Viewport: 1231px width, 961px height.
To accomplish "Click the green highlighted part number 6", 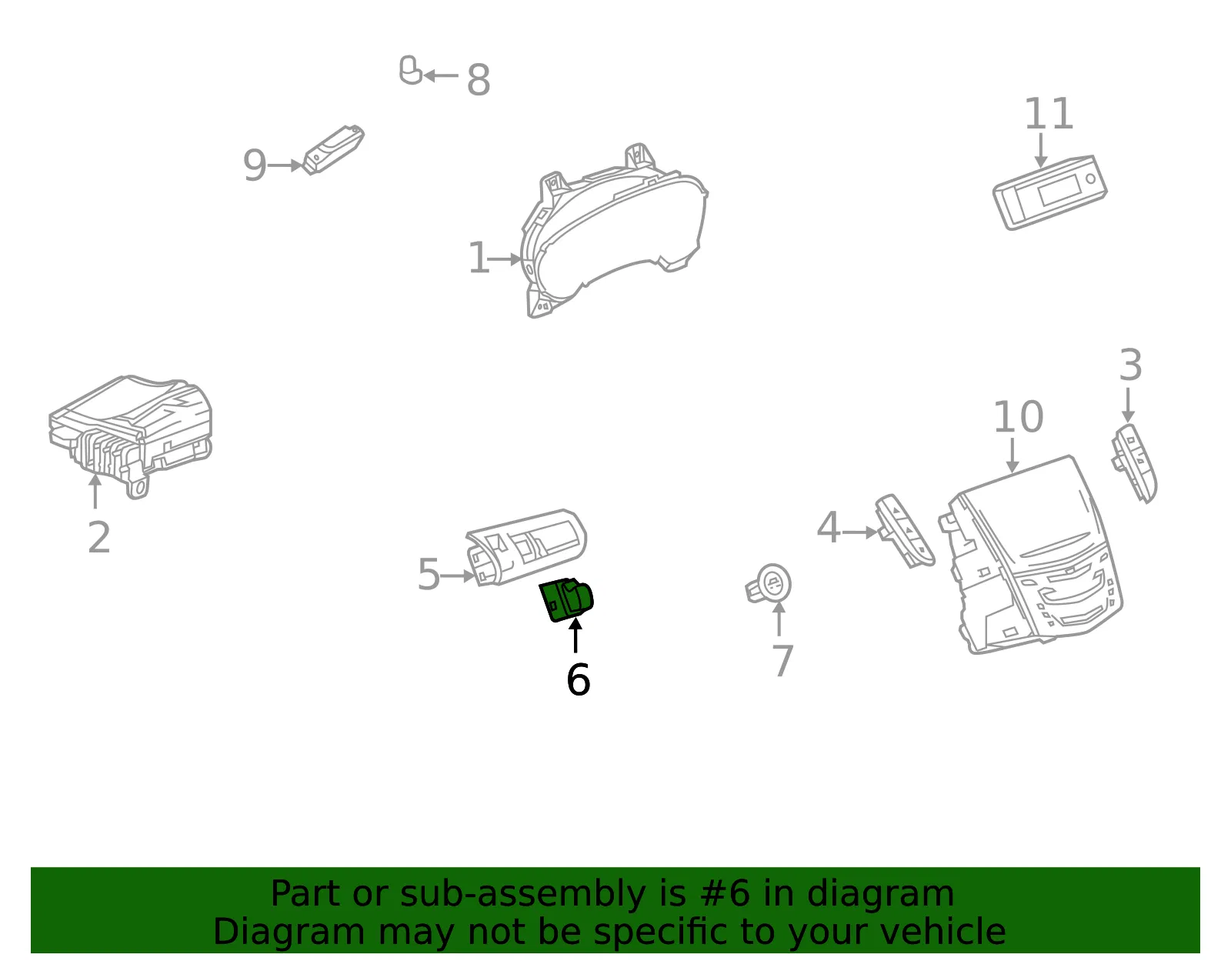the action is pos(565,599).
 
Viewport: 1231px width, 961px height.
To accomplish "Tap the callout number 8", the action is pos(478,79).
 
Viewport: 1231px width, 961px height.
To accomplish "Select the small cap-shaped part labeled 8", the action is pos(410,70).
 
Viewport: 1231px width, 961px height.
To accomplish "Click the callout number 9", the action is pos(255,165).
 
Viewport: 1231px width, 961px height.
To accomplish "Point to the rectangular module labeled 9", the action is pos(334,149).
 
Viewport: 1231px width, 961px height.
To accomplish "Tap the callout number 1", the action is pos(479,258).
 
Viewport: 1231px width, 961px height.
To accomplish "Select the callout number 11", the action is pos(1048,113).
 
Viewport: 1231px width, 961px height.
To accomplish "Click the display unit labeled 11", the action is pos(1049,192).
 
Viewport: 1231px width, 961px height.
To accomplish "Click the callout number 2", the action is pos(99,537).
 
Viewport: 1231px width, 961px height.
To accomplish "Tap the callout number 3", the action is pos(1130,365).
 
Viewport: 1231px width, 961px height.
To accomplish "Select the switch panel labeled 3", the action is pos(1134,463).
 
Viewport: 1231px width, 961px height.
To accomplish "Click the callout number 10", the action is pos(1018,417).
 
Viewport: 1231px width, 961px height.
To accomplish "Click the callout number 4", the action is pos(828,527).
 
